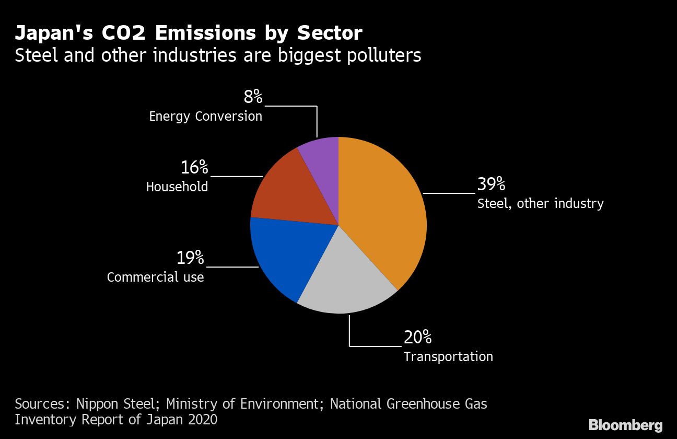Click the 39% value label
(x=491, y=184)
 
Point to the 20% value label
(x=417, y=337)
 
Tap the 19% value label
(x=190, y=258)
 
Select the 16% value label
(x=194, y=168)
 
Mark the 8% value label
(x=253, y=97)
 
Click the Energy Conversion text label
(x=205, y=116)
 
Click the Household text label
(x=177, y=187)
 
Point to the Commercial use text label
(x=155, y=277)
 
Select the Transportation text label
(x=448, y=356)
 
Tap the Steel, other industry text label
(x=540, y=203)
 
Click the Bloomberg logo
(x=625, y=425)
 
